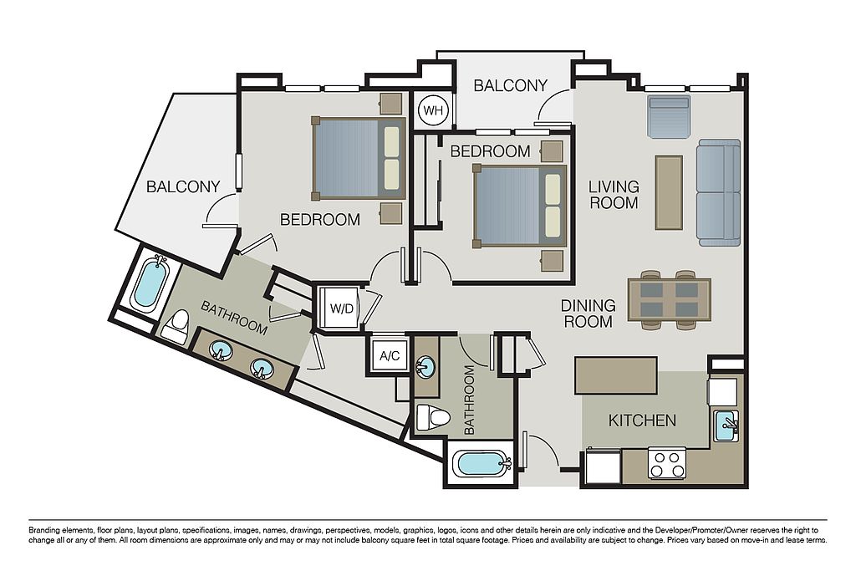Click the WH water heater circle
coord(433,111)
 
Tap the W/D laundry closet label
coord(341,308)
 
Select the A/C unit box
coord(390,356)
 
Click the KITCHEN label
coord(642,421)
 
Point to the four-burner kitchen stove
coord(667,463)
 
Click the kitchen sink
coord(726,426)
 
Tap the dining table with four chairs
coord(670,299)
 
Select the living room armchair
coord(669,116)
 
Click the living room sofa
coord(718,192)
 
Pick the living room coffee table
coord(669,192)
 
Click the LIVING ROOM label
coord(614,195)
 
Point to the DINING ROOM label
coord(588,314)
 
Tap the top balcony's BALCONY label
coord(510,86)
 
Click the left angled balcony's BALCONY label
coord(183,186)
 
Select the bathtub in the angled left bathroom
coord(150,282)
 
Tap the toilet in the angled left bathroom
coord(176,326)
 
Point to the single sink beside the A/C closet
coord(425,366)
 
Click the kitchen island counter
coord(616,375)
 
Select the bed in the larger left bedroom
coord(359,158)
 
